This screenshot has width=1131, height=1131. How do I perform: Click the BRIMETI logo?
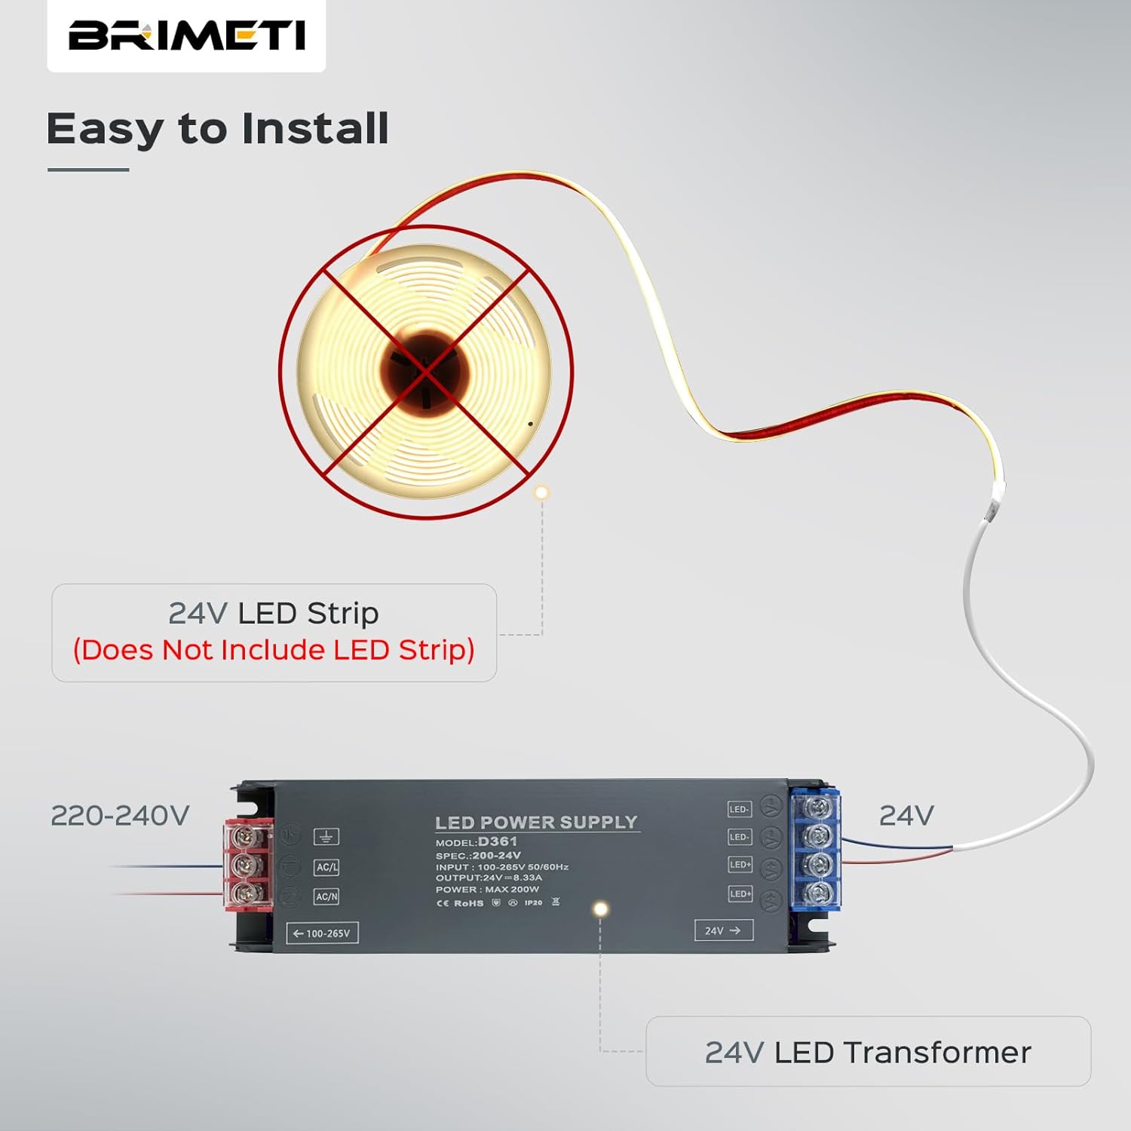(x=186, y=35)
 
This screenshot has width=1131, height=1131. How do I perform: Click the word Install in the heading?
(x=314, y=128)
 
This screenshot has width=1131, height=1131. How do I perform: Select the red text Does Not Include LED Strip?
(x=274, y=650)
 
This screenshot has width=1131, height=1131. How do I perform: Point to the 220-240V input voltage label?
(x=120, y=816)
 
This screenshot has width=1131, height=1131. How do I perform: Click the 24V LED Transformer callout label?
(x=868, y=1052)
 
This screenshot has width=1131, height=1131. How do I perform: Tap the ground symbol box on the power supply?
(x=326, y=836)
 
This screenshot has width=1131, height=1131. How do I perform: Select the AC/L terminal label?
(x=326, y=867)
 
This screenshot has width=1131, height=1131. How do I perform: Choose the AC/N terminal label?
(x=326, y=897)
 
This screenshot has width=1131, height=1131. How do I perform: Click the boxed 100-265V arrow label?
(x=323, y=933)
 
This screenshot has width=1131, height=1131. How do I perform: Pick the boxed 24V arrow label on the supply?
(x=723, y=930)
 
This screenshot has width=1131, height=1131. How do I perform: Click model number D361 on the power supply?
(x=498, y=841)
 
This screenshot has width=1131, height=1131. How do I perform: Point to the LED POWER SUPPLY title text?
(x=536, y=822)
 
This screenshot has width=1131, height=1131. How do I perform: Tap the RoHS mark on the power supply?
(x=468, y=903)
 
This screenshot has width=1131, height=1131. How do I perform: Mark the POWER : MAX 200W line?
(x=487, y=890)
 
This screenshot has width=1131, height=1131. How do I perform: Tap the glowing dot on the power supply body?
(x=600, y=909)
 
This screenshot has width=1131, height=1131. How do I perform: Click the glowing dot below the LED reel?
(x=541, y=493)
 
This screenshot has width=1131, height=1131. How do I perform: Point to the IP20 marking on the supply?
(x=533, y=903)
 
